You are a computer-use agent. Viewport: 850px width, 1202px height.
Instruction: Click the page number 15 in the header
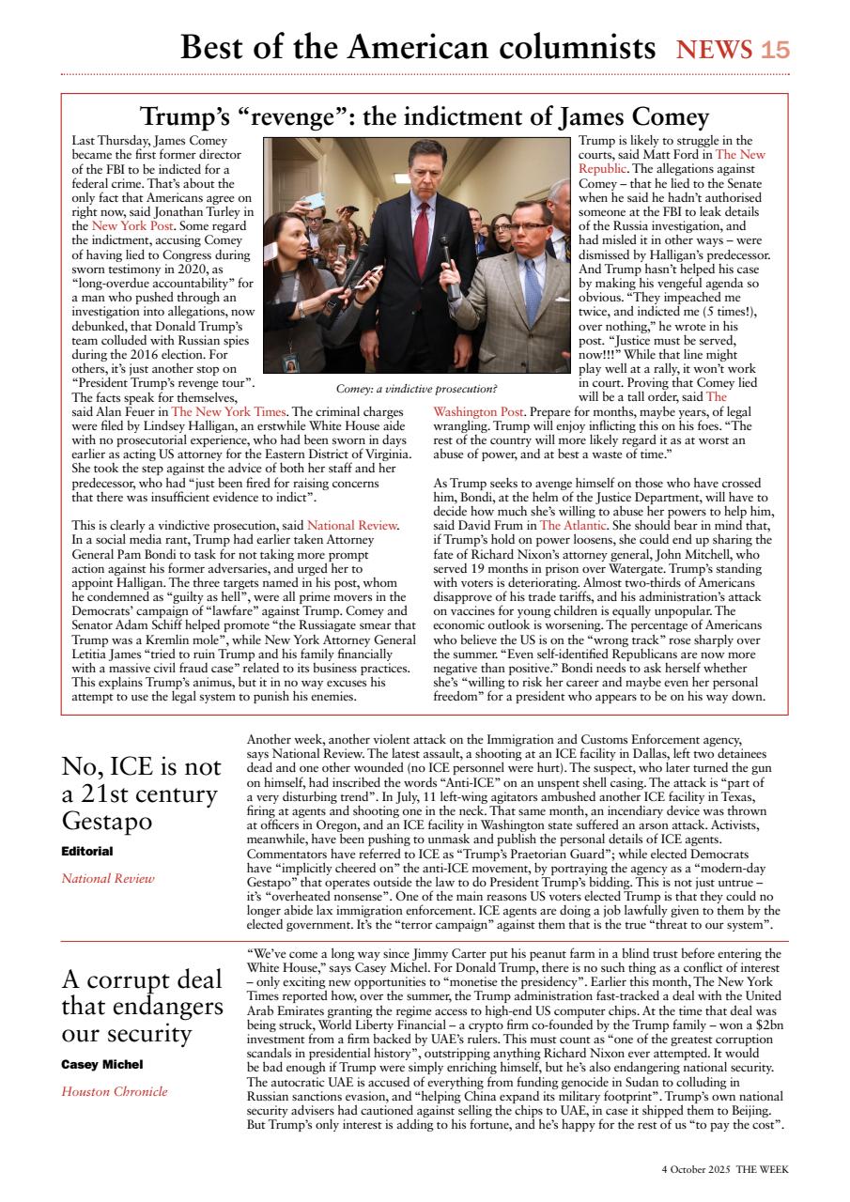pos(776,50)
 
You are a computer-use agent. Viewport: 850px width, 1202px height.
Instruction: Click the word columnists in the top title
pos(561,47)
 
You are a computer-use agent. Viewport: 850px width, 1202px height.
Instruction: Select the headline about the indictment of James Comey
pos(425,117)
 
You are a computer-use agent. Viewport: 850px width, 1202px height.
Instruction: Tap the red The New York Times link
pos(229,411)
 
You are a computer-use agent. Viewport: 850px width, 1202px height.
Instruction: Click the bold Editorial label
pos(87,851)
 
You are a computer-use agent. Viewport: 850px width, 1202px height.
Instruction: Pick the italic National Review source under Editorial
pos(108,879)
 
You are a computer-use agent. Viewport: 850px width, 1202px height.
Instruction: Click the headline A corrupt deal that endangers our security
pos(142,1007)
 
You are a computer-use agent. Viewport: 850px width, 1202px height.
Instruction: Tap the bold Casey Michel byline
pos(102,1064)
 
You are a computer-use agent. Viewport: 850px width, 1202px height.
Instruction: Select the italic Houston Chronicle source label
pos(115,1091)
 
